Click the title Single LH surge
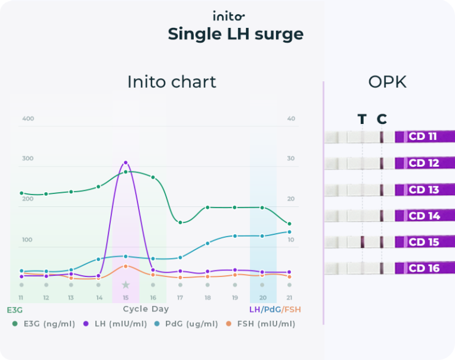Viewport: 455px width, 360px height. click(235, 34)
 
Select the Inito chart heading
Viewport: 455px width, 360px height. click(172, 82)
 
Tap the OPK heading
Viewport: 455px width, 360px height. click(387, 82)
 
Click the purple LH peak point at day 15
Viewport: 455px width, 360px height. click(126, 163)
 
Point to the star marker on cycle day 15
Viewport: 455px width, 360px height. click(126, 285)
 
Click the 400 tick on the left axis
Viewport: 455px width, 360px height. click(28, 119)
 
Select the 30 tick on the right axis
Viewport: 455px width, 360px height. click(291, 158)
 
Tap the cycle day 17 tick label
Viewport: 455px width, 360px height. click(180, 298)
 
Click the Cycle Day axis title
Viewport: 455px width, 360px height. click(146, 309)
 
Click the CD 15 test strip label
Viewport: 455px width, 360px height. click(424, 242)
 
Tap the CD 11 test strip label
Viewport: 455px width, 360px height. click(424, 136)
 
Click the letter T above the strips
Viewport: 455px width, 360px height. click(362, 119)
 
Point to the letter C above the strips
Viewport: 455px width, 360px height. click(382, 119)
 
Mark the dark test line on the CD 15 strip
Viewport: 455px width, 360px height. click(362, 241)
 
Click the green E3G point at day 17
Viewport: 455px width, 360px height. click(180, 222)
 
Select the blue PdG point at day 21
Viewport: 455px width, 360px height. click(289, 232)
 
